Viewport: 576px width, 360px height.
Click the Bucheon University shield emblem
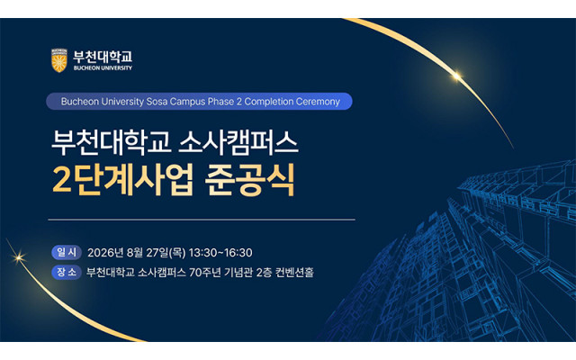click(59, 60)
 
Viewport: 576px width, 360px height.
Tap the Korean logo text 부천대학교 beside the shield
click(103, 57)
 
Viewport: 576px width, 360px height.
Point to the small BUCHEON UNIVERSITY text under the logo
click(103, 68)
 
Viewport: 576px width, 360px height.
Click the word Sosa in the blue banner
click(157, 102)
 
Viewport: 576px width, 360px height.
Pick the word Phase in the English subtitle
click(220, 102)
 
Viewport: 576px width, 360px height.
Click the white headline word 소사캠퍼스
click(238, 143)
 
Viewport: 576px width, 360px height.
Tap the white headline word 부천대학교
click(112, 143)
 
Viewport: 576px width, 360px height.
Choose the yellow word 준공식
click(250, 180)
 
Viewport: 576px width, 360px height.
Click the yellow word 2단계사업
click(122, 180)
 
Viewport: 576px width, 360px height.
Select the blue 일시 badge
click(67, 252)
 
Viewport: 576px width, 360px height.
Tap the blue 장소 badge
click(67, 272)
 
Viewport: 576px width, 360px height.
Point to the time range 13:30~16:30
click(220, 253)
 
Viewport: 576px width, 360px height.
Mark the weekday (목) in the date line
click(177, 253)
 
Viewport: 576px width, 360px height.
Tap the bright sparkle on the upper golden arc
click(456, 76)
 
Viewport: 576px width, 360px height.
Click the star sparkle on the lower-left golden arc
click(18, 257)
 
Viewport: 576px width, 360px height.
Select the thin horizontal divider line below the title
click(202, 220)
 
